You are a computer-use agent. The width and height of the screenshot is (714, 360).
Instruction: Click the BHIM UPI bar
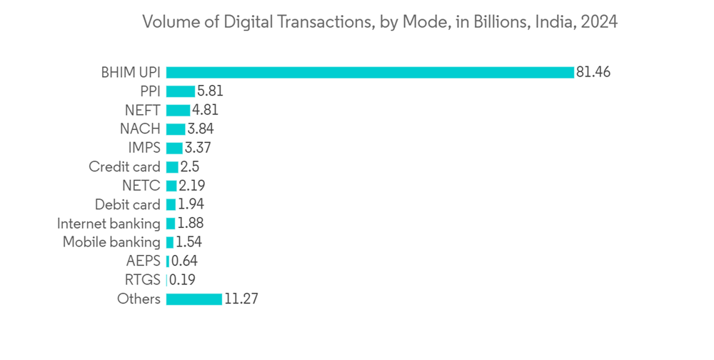click(370, 72)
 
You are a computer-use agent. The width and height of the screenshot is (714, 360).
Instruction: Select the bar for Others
click(193, 299)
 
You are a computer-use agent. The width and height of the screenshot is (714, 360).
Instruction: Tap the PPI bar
click(180, 91)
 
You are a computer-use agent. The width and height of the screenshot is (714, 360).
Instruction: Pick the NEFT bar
click(178, 110)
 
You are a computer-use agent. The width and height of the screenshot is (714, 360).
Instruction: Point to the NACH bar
click(176, 129)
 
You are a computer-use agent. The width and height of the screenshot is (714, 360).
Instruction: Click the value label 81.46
click(594, 72)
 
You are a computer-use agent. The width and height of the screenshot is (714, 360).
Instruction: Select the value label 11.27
click(241, 299)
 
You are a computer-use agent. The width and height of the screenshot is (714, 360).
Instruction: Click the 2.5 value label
click(190, 167)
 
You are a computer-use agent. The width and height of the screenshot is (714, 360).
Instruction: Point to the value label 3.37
click(198, 148)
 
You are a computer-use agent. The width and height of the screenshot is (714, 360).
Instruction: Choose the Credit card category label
click(124, 167)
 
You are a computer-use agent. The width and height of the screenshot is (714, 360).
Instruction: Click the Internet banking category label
click(109, 224)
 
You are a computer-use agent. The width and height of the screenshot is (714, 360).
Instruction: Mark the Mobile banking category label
click(111, 242)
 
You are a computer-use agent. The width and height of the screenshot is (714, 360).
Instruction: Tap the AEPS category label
click(143, 261)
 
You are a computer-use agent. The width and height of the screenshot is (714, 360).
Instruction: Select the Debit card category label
click(128, 205)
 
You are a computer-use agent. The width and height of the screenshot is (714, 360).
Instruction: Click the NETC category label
click(142, 186)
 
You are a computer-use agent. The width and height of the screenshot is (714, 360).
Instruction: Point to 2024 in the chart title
click(599, 22)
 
